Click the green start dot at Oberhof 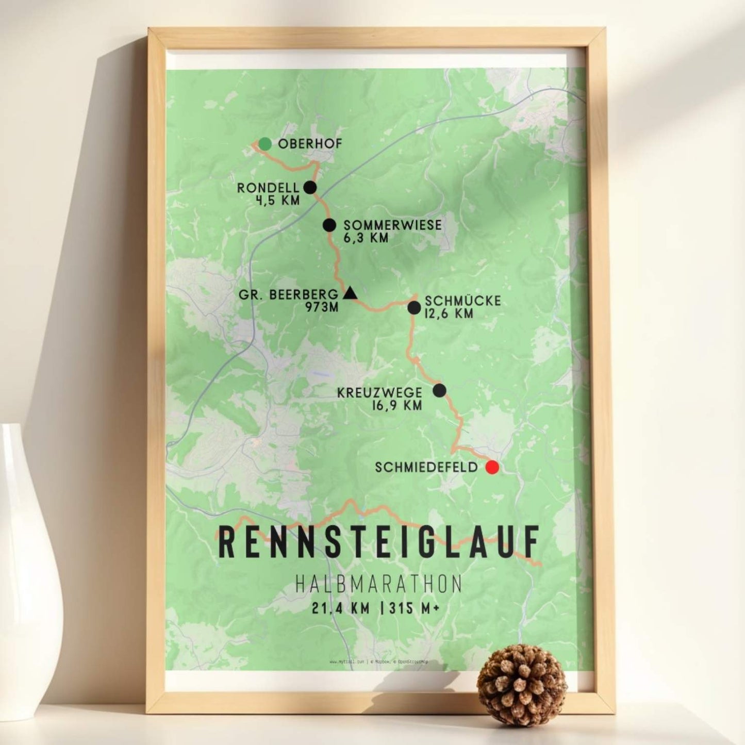coord(265,144)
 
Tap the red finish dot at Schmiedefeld coord(492,468)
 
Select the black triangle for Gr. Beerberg coord(350,294)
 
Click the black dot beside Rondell coord(310,187)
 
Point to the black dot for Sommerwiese coord(329,225)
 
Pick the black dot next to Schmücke coord(414,308)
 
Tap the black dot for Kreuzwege coord(439,390)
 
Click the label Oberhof coord(310,144)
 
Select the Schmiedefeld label coord(426,468)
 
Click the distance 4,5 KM coord(277,200)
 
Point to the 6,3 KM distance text coord(366,238)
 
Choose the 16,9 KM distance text coord(396,405)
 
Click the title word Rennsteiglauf coord(379,542)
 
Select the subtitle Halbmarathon coord(379,584)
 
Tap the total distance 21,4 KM coord(341,608)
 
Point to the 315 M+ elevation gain coord(415,608)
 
